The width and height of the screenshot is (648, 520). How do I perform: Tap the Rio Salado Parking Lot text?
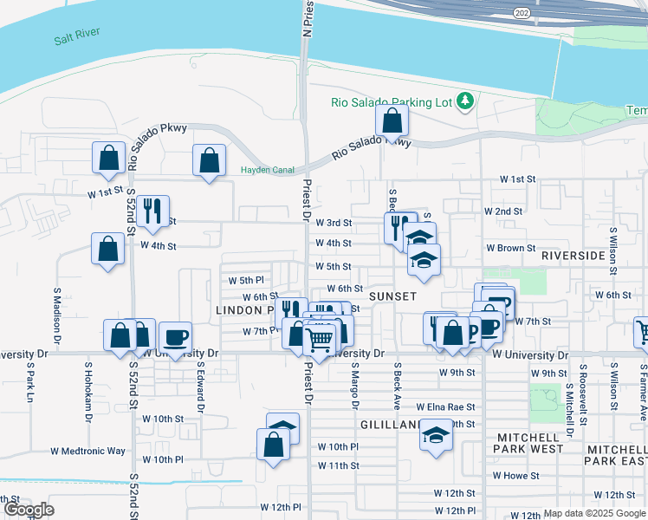point(392,102)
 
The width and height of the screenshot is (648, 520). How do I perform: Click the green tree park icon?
point(465,101)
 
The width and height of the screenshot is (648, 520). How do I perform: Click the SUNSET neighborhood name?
point(393,296)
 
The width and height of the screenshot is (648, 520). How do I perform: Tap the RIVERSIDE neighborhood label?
point(573,256)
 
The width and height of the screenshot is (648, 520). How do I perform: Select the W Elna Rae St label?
point(445,406)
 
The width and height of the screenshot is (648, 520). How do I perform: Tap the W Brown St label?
point(510,248)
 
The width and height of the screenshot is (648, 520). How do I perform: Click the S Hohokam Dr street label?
point(87,391)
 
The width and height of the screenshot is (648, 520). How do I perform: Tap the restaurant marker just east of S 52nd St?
point(152,211)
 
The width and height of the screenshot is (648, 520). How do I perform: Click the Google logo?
point(29,510)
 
